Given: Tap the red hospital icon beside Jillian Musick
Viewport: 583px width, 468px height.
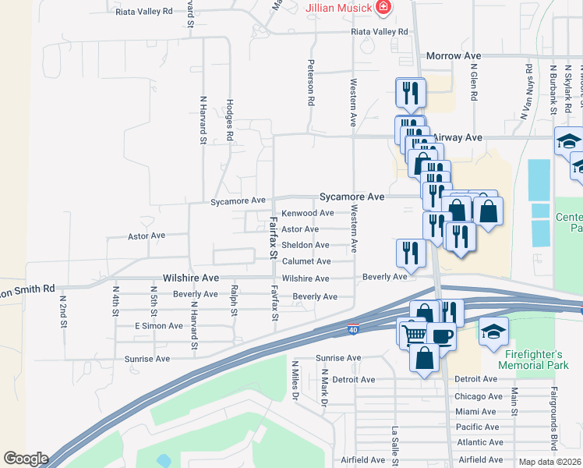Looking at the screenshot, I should point(383,9).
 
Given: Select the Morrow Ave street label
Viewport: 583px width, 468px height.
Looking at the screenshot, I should point(453,56).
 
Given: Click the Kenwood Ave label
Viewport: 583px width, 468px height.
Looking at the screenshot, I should point(307,213).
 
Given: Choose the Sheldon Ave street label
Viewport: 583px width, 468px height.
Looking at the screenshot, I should point(305,245).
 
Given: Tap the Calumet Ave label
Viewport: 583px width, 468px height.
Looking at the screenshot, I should point(306,261).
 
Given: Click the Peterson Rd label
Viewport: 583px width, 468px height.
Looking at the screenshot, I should point(311,83).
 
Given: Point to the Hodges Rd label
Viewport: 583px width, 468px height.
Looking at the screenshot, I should point(230,119).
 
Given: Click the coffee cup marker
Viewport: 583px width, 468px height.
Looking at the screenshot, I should point(441,336).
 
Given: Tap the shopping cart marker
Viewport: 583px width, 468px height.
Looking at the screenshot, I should point(414,333).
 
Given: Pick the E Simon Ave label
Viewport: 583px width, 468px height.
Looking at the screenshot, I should point(158,325).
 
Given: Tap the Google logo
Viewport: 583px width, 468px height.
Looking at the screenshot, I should point(26,459).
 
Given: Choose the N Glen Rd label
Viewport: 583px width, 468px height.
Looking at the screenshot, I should point(474,83).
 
